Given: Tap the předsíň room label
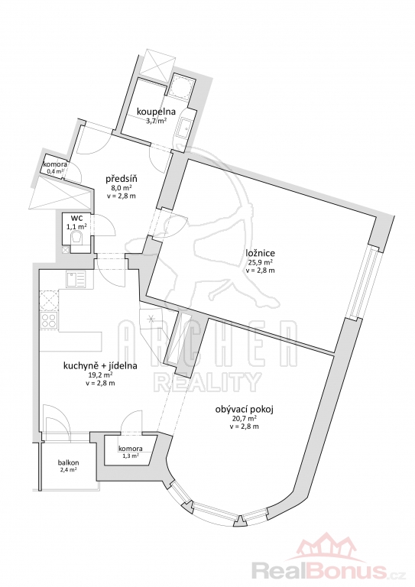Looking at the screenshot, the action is (x=120, y=179).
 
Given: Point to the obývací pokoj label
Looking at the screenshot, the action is (x=245, y=410).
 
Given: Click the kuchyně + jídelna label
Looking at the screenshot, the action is (x=100, y=366).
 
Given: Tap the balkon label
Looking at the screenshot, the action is (x=68, y=462).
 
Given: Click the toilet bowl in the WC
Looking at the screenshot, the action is (x=77, y=238).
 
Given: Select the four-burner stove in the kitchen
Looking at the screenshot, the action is (x=50, y=321).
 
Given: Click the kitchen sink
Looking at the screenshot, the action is (x=76, y=279).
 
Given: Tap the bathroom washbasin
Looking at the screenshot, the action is (x=186, y=128).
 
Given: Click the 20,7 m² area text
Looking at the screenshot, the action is (x=245, y=419).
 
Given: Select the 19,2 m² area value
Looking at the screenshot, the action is (x=100, y=375).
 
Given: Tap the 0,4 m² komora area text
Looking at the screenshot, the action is (x=55, y=171).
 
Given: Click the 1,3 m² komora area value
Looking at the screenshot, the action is (x=130, y=456).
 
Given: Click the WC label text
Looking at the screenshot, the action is (x=76, y=218).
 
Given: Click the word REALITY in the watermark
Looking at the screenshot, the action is (x=208, y=382).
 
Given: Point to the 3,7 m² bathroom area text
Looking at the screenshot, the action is (x=157, y=121).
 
